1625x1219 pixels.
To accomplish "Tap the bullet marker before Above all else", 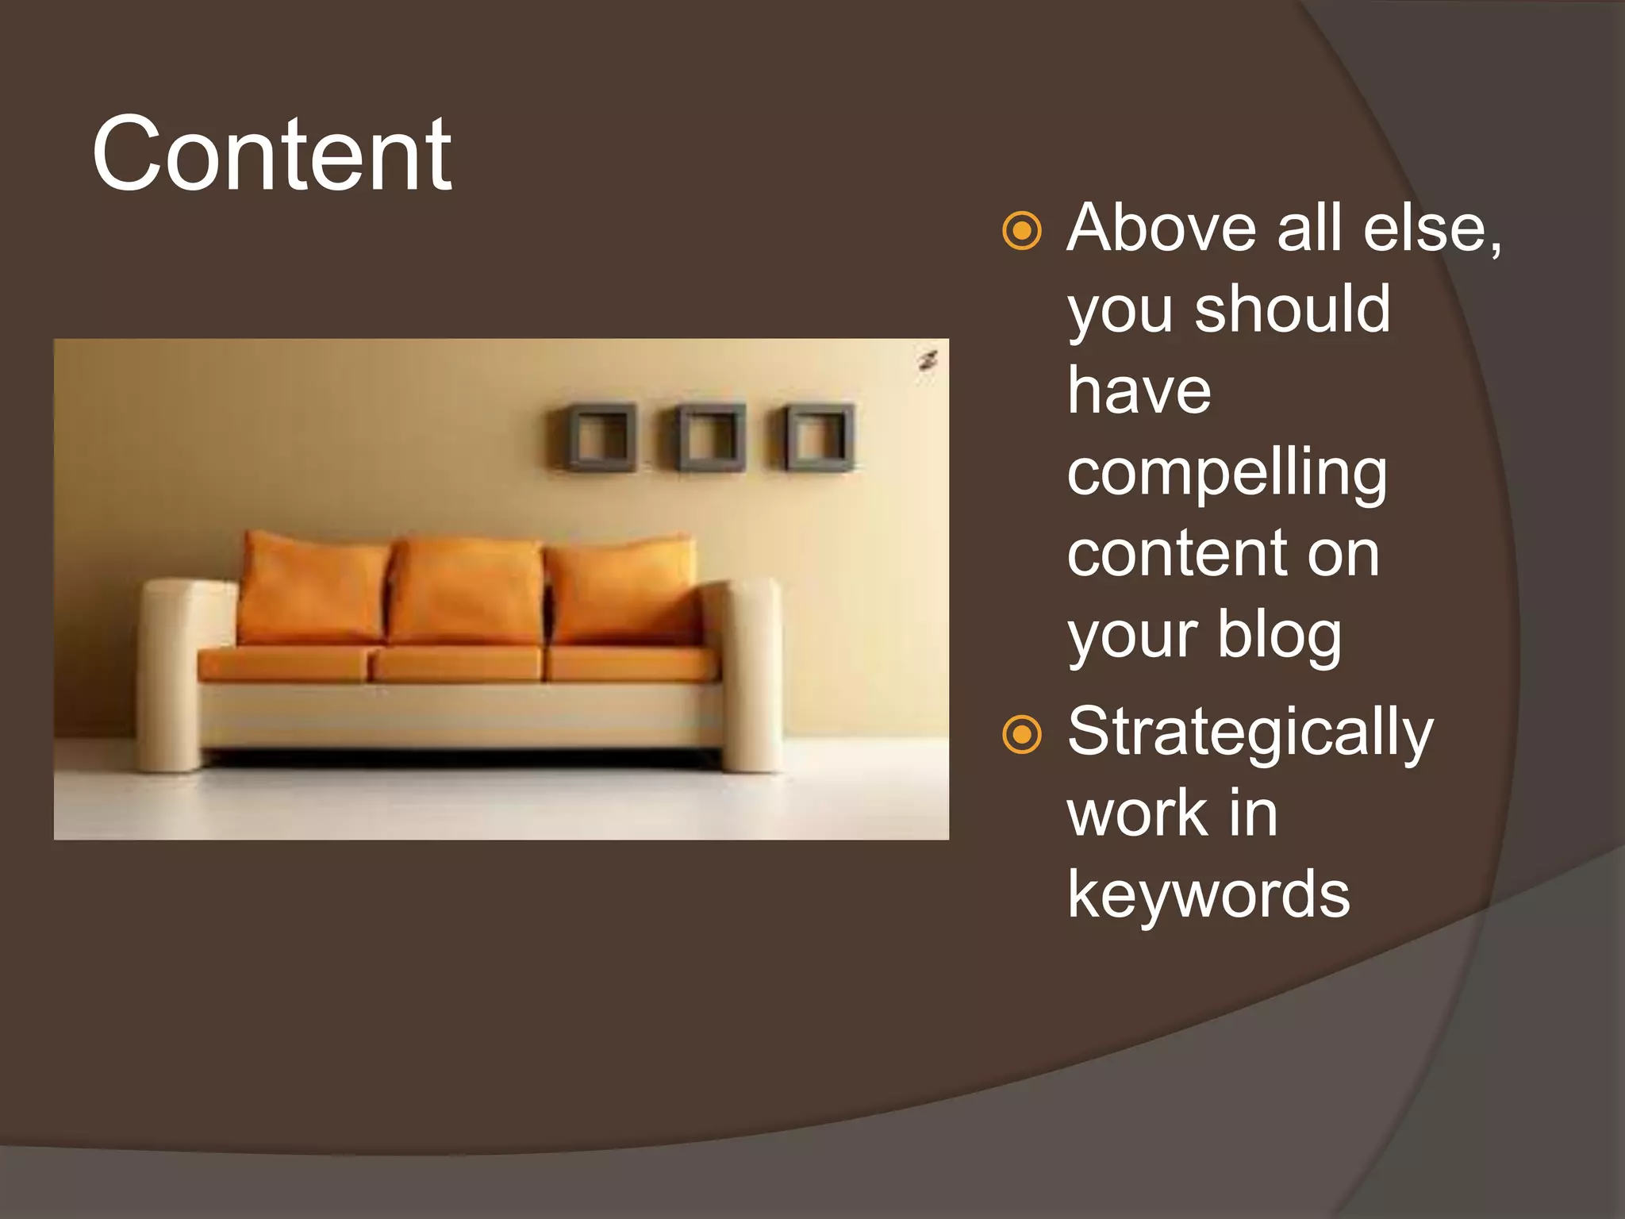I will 1021,231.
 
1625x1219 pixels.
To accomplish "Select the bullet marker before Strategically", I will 1021,734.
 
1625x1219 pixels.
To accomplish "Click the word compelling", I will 1227,475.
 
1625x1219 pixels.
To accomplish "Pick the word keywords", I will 1208,895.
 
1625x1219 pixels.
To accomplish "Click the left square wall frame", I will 601,437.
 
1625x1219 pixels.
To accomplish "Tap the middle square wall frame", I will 711,437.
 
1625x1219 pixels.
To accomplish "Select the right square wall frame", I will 820,437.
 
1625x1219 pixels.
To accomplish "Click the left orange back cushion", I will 313,589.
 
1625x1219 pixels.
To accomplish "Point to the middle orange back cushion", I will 467,591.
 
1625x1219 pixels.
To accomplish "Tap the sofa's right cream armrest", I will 751,675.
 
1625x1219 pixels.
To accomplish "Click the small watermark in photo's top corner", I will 928,361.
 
